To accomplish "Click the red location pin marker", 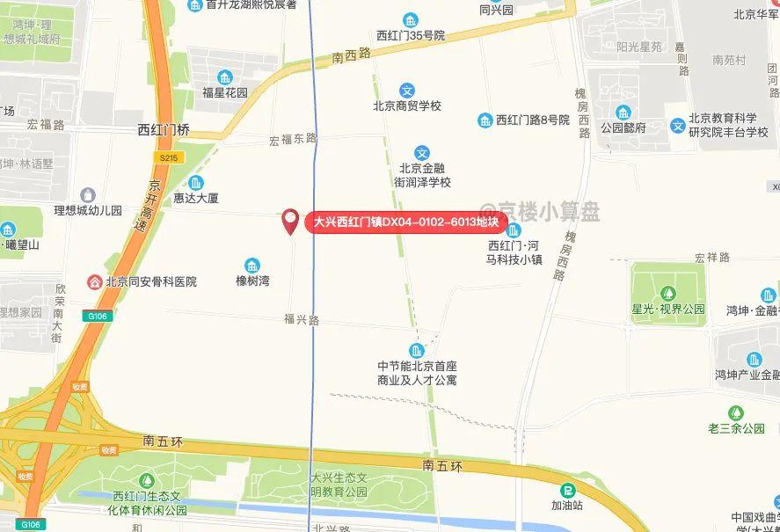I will click(x=290, y=222).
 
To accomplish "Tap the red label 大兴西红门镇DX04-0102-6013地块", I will click(x=407, y=222).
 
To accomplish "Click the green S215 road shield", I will click(x=169, y=157).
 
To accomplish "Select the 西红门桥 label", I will click(x=164, y=130).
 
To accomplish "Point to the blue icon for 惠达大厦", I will click(x=195, y=182).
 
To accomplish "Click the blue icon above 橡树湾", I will click(x=252, y=265).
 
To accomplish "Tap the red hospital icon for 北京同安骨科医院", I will click(x=93, y=281).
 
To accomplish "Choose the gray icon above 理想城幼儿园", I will click(x=87, y=194).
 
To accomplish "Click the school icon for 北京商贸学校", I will click(x=407, y=90).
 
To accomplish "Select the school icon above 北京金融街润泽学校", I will click(x=423, y=152).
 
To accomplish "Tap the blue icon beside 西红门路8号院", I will click(x=485, y=120).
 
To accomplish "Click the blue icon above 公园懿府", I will click(x=623, y=113).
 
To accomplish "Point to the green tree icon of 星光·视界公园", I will click(x=668, y=292).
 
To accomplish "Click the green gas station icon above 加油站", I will click(x=567, y=490).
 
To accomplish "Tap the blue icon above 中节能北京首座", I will click(x=417, y=350).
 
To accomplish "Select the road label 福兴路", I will click(x=301, y=319).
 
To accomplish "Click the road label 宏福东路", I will click(x=293, y=139).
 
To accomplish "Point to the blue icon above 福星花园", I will click(x=225, y=77).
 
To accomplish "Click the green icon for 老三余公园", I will click(x=736, y=412).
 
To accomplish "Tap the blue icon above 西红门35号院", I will click(x=411, y=20).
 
